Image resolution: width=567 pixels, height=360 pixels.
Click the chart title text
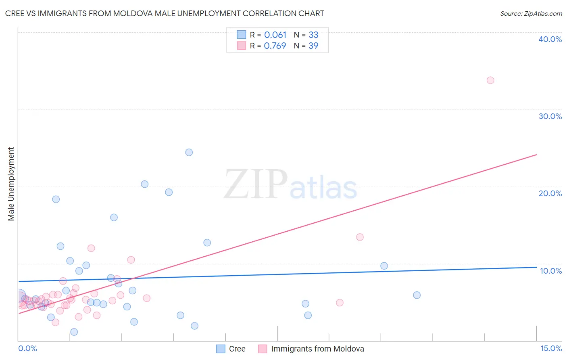coord(165,13)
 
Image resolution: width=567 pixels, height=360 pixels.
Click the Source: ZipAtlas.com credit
coord(531,14)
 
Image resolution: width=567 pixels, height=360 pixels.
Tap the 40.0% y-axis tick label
coord(550,39)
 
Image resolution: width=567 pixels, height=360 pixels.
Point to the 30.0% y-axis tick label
coord(550,116)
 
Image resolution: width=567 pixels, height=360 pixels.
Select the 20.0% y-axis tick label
coord(550,193)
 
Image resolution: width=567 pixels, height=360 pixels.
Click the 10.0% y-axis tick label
coord(551,271)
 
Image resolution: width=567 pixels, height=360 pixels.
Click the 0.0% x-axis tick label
coord(27,348)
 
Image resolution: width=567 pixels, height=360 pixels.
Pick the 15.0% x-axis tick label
coord(551,348)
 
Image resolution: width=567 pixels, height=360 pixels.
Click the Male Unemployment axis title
coord(11,184)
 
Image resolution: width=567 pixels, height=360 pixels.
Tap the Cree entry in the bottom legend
coord(237,349)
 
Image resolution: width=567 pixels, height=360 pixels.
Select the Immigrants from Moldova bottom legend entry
coord(317,349)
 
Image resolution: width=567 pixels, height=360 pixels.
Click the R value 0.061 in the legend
coord(275,35)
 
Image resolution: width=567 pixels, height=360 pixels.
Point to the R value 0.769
coord(275,46)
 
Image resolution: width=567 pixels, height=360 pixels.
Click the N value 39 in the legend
coord(313,46)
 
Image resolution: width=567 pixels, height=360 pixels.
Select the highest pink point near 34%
coord(490,80)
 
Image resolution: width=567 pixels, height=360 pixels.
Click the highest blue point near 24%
coord(189,153)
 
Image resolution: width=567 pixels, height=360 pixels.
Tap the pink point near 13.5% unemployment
coord(360,237)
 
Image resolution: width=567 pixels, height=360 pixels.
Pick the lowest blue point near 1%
coord(74,332)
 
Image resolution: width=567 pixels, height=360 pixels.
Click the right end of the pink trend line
coord(536,155)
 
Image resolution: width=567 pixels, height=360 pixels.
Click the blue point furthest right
coord(417,295)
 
